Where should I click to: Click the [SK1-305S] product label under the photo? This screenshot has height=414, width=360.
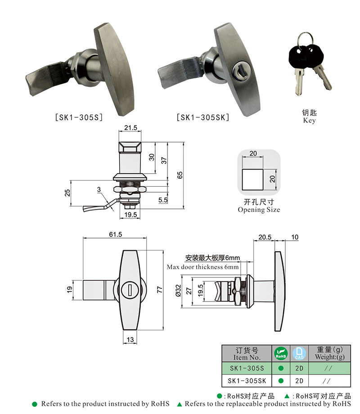(x=79, y=117)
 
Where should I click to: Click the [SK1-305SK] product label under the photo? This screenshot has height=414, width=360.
(x=203, y=117)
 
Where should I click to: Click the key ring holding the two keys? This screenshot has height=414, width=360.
(x=306, y=40)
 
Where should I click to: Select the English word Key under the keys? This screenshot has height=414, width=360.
(x=309, y=121)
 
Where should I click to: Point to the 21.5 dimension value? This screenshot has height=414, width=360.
(x=130, y=128)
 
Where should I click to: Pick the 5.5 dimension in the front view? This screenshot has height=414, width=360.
(x=163, y=200)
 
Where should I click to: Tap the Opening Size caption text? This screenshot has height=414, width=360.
(x=259, y=210)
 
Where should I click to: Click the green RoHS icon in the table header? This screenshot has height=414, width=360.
(x=280, y=354)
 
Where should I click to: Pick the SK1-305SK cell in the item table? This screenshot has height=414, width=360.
(x=247, y=380)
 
